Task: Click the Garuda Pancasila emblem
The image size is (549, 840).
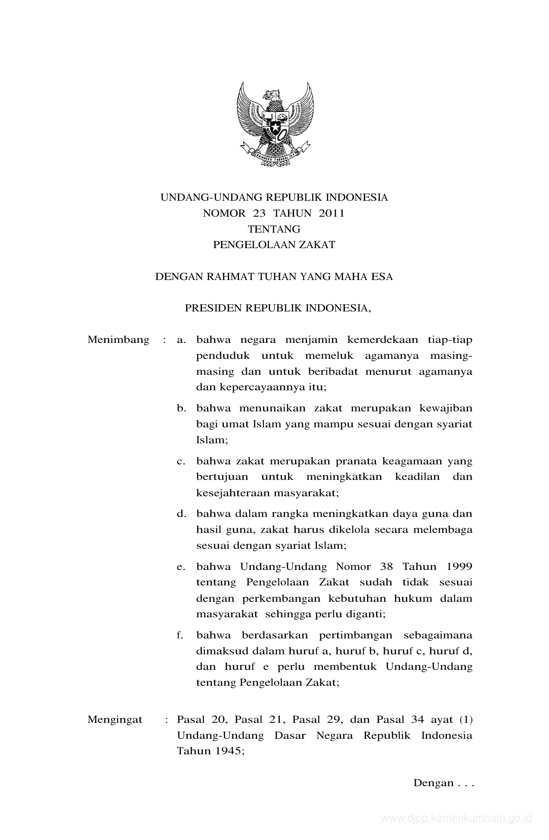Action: coord(275,125)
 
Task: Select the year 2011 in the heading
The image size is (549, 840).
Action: coord(332,213)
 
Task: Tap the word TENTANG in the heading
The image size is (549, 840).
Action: coord(274,229)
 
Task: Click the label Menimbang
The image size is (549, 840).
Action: coord(118,340)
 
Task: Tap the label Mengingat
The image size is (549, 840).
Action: coord(115,719)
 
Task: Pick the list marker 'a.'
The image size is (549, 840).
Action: coord(181,340)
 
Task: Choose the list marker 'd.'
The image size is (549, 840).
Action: coord(181,514)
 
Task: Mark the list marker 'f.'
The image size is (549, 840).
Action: coord(180,635)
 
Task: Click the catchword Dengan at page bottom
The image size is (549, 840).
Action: coord(434,783)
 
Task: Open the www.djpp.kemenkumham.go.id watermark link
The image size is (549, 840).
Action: coord(457,818)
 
